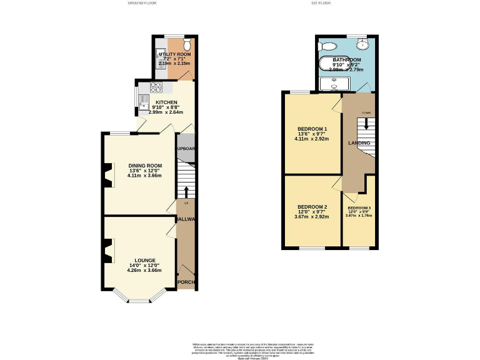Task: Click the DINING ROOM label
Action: click(x=141, y=166)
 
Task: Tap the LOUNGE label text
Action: click(x=145, y=260)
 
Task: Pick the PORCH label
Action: click(x=186, y=282)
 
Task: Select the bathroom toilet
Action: click(x=329, y=46)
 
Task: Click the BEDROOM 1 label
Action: click(x=312, y=129)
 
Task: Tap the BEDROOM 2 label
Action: click(x=312, y=207)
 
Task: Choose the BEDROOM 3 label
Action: click(x=359, y=207)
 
